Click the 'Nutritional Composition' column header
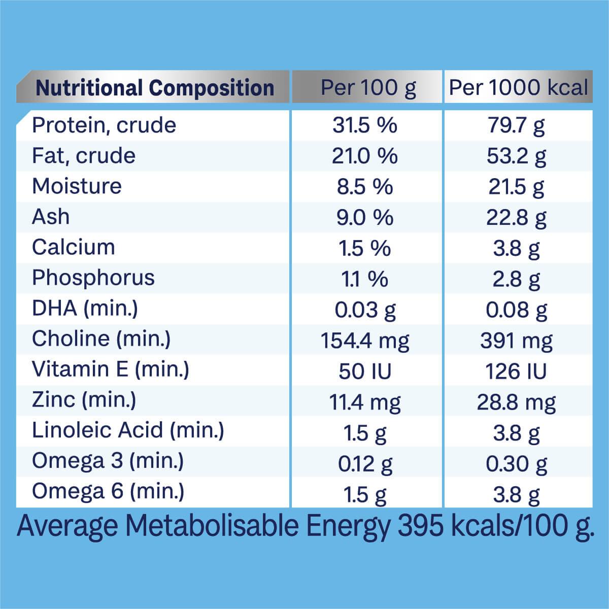pos(155,88)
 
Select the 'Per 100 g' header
pos(367,88)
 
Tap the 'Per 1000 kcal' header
pos(518,88)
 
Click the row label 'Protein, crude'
pos(104,125)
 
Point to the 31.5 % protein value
pos(365,125)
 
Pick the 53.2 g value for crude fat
pos(516,156)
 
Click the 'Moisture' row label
pos(77,186)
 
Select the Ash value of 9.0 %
pos(365,218)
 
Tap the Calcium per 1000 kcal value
pos(516,248)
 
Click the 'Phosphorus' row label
pos(93,278)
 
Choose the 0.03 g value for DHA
pos(365,310)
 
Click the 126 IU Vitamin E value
pos(516,371)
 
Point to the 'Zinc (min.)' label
pos(84,400)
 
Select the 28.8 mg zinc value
pos(516,402)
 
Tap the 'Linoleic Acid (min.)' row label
pos(128,430)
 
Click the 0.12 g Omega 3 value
pos(365,464)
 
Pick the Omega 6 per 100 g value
pos(365,494)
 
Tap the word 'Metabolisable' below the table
pos(214,526)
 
